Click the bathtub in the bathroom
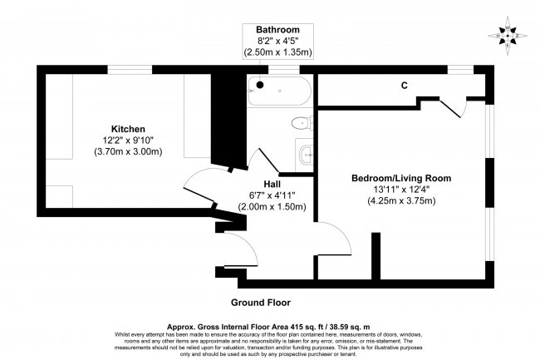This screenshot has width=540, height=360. (x=277, y=86)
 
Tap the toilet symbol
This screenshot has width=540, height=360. (x=302, y=124)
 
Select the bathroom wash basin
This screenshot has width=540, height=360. (x=305, y=152)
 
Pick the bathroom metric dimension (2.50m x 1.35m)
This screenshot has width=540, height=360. (x=277, y=52)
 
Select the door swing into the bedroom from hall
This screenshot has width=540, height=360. (x=329, y=236)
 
